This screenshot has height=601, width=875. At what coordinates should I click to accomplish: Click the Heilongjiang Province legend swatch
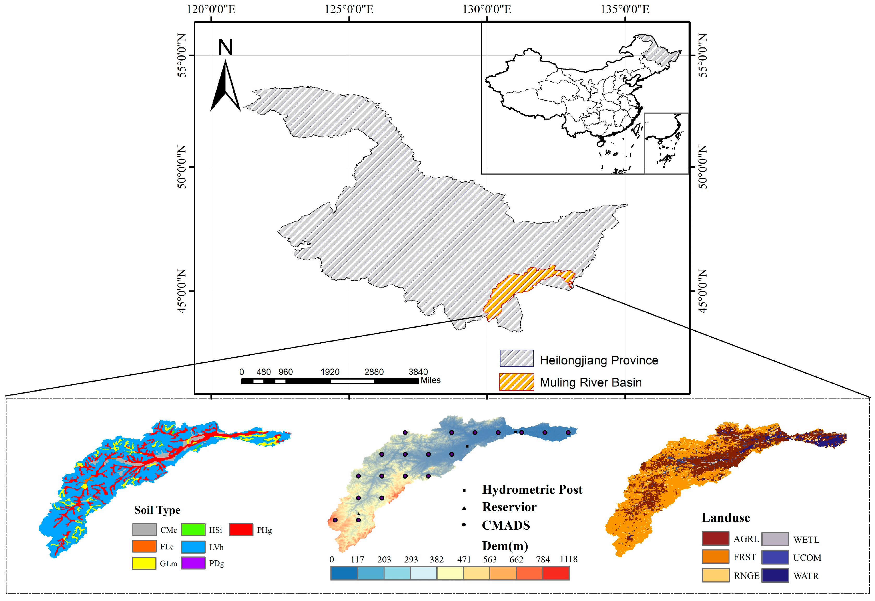coord(516,358)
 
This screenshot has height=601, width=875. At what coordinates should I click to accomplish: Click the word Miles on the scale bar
coord(431,380)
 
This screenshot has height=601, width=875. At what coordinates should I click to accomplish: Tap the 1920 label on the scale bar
coord(330,372)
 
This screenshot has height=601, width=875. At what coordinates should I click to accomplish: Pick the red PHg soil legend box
coord(241,529)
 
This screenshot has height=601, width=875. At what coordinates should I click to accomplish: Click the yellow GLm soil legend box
coord(144,563)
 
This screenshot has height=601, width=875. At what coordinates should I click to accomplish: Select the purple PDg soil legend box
coord(193,563)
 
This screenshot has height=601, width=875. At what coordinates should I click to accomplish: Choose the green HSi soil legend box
coord(193,529)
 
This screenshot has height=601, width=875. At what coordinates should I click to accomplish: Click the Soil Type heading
coord(157,510)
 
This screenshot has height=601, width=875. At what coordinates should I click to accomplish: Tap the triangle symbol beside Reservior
coord(464,508)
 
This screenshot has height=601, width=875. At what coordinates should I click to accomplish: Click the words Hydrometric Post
coord(532,490)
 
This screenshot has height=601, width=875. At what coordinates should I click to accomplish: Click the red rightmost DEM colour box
coord(556,573)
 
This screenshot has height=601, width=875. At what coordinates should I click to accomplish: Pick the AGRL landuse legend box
coord(715,538)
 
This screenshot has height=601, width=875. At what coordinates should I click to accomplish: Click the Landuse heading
coord(725,518)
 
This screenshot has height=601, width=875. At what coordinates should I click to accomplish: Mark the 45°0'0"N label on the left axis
coord(182,291)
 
